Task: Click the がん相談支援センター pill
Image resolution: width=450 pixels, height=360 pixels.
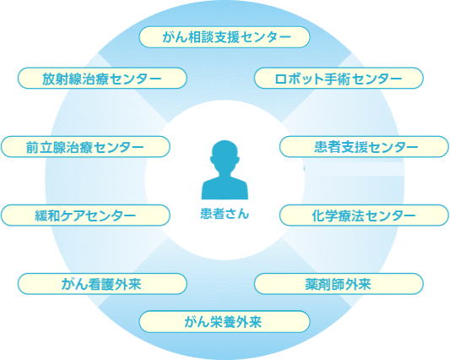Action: point(225,37)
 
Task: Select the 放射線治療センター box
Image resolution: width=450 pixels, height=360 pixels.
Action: point(102,78)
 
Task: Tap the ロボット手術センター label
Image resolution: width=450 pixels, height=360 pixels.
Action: point(339,78)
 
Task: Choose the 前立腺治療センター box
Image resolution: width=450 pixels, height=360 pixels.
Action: point(85,147)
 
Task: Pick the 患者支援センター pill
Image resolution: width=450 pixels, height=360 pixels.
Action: point(364,147)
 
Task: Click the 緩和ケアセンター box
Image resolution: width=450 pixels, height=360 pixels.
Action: point(85,215)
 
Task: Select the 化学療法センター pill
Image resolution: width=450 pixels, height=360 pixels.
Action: point(364,215)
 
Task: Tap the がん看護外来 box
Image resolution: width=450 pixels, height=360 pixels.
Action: point(102,284)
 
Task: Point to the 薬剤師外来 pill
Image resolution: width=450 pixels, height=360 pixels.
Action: point(339,284)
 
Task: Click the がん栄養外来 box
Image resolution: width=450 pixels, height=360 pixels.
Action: point(225,321)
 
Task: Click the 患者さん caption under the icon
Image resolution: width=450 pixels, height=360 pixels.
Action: point(225,214)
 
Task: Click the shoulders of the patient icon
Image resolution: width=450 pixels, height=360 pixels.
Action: point(225,188)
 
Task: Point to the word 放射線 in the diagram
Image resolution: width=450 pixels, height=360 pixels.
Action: point(62,79)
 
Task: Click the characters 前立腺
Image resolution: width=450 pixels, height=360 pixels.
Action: point(45,147)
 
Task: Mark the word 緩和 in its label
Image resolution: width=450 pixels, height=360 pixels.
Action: point(47,215)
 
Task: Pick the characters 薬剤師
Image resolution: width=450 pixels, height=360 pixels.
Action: point(325,284)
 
